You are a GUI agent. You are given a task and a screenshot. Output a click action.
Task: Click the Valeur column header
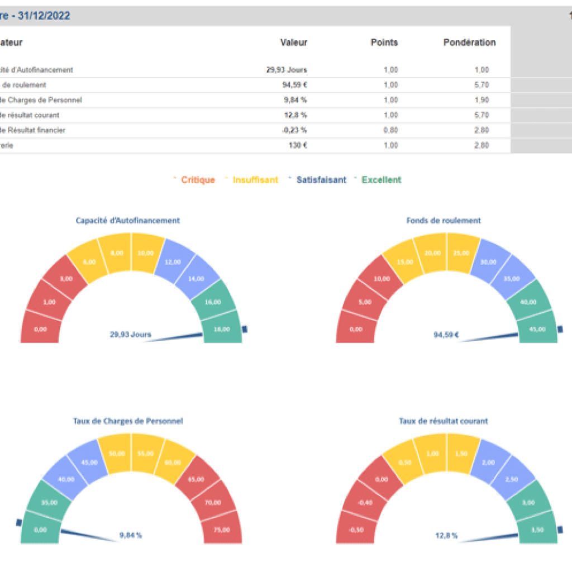[294, 42]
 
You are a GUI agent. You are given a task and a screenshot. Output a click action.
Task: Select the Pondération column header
[469, 42]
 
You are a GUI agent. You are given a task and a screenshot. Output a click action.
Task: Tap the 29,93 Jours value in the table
[287, 70]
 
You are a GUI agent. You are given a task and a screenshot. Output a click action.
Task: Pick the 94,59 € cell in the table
[294, 85]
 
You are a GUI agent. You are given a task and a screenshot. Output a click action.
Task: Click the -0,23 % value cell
[294, 130]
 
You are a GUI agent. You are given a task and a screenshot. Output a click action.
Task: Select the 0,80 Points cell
[391, 130]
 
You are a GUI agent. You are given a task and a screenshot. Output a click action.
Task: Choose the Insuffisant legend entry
[255, 180]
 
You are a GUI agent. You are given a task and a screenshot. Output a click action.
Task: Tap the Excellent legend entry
[381, 180]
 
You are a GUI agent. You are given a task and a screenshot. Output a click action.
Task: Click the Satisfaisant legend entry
[321, 180]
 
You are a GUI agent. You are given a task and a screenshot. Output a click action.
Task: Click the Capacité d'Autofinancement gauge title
[128, 221]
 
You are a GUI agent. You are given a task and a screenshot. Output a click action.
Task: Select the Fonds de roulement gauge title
[444, 221]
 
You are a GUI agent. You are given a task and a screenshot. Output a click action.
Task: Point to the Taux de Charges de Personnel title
[128, 421]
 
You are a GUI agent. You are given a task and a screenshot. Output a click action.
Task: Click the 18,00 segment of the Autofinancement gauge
[222, 330]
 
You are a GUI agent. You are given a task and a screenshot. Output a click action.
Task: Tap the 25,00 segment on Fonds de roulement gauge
[461, 253]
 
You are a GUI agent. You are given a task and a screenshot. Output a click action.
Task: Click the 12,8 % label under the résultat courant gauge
[446, 536]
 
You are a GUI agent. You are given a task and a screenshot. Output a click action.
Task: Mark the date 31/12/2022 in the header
[44, 16]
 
